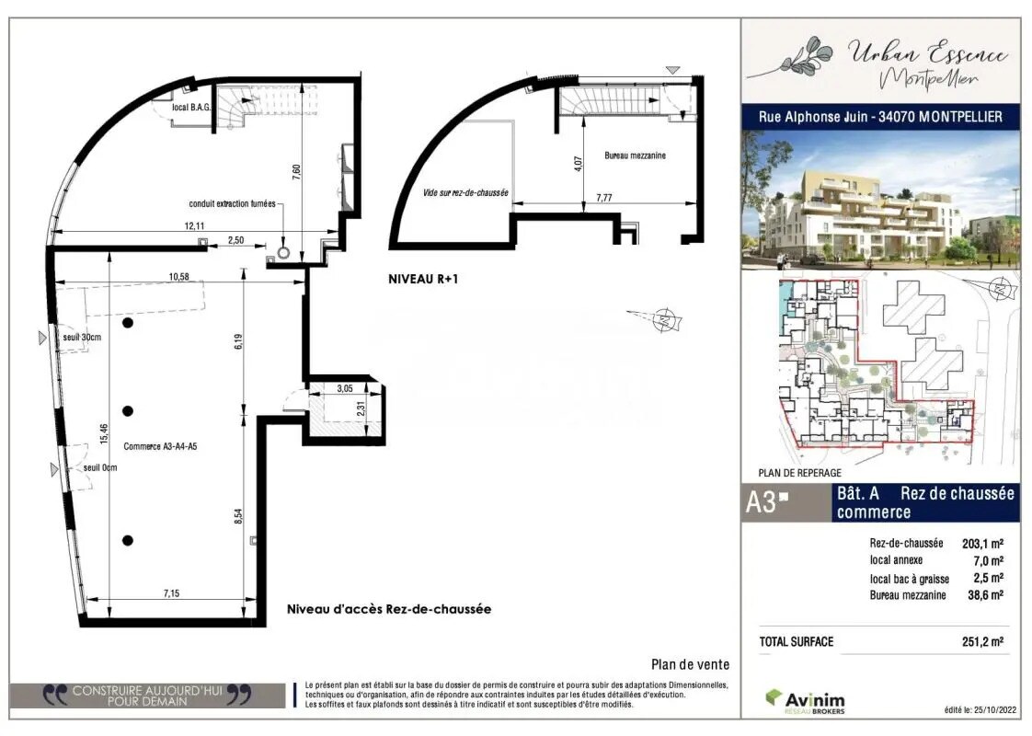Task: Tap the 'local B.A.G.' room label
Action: (x=192, y=108)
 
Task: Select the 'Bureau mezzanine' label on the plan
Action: (x=635, y=155)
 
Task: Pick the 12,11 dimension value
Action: (x=194, y=225)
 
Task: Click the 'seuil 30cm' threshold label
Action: (x=82, y=337)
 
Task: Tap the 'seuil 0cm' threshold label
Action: (x=100, y=466)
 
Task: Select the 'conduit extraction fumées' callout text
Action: (x=232, y=204)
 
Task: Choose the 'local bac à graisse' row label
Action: (x=910, y=579)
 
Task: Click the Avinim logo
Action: (x=805, y=701)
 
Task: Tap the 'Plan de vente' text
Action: (x=690, y=664)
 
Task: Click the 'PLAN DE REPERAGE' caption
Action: (x=799, y=473)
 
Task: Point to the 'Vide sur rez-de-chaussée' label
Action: (x=466, y=193)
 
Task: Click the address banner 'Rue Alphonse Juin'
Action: (x=880, y=117)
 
